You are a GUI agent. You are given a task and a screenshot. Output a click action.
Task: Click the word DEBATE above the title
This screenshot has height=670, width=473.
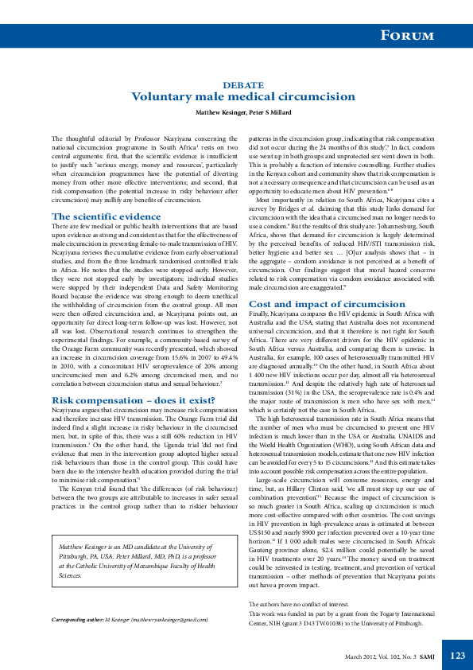click(238, 84)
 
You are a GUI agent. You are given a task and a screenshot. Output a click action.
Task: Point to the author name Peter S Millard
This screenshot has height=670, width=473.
click(270, 113)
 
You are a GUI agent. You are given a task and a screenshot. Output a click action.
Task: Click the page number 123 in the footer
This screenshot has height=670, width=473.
click(457, 655)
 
